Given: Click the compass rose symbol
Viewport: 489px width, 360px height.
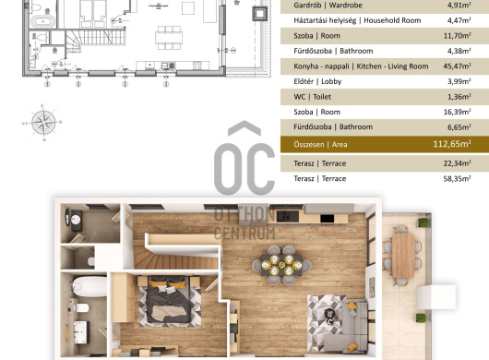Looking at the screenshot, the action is tap(43, 123).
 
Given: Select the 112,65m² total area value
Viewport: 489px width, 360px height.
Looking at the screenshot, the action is tap(452, 144).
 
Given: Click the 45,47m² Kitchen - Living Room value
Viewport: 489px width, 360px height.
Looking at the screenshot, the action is tap(457, 66).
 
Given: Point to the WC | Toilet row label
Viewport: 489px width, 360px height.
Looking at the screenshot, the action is tap(312, 97).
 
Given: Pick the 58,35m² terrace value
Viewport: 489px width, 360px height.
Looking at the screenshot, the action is tap(457, 179).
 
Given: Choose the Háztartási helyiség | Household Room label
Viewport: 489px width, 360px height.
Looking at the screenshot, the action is tap(357, 20).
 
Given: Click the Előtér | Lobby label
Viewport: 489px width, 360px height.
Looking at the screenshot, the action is tap(317, 82).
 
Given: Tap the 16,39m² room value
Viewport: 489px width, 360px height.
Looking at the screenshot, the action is tap(457, 112).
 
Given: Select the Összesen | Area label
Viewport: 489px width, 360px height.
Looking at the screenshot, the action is tap(320, 144).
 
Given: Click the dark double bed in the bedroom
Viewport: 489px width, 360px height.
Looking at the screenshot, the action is tap(169, 299).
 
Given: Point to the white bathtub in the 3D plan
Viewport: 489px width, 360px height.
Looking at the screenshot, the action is tap(89, 286).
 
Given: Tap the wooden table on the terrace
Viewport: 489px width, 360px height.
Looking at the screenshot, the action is tap(403, 255).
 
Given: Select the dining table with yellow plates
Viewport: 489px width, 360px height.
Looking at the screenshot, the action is tap(281, 265).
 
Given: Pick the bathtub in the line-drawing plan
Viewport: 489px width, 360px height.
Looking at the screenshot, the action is tap(43, 22).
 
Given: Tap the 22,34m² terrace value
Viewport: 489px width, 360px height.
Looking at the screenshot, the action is tap(457, 163).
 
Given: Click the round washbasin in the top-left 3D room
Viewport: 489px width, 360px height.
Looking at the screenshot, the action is tap(75, 220).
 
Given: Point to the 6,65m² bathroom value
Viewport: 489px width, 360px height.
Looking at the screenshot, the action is tap(459, 127).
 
